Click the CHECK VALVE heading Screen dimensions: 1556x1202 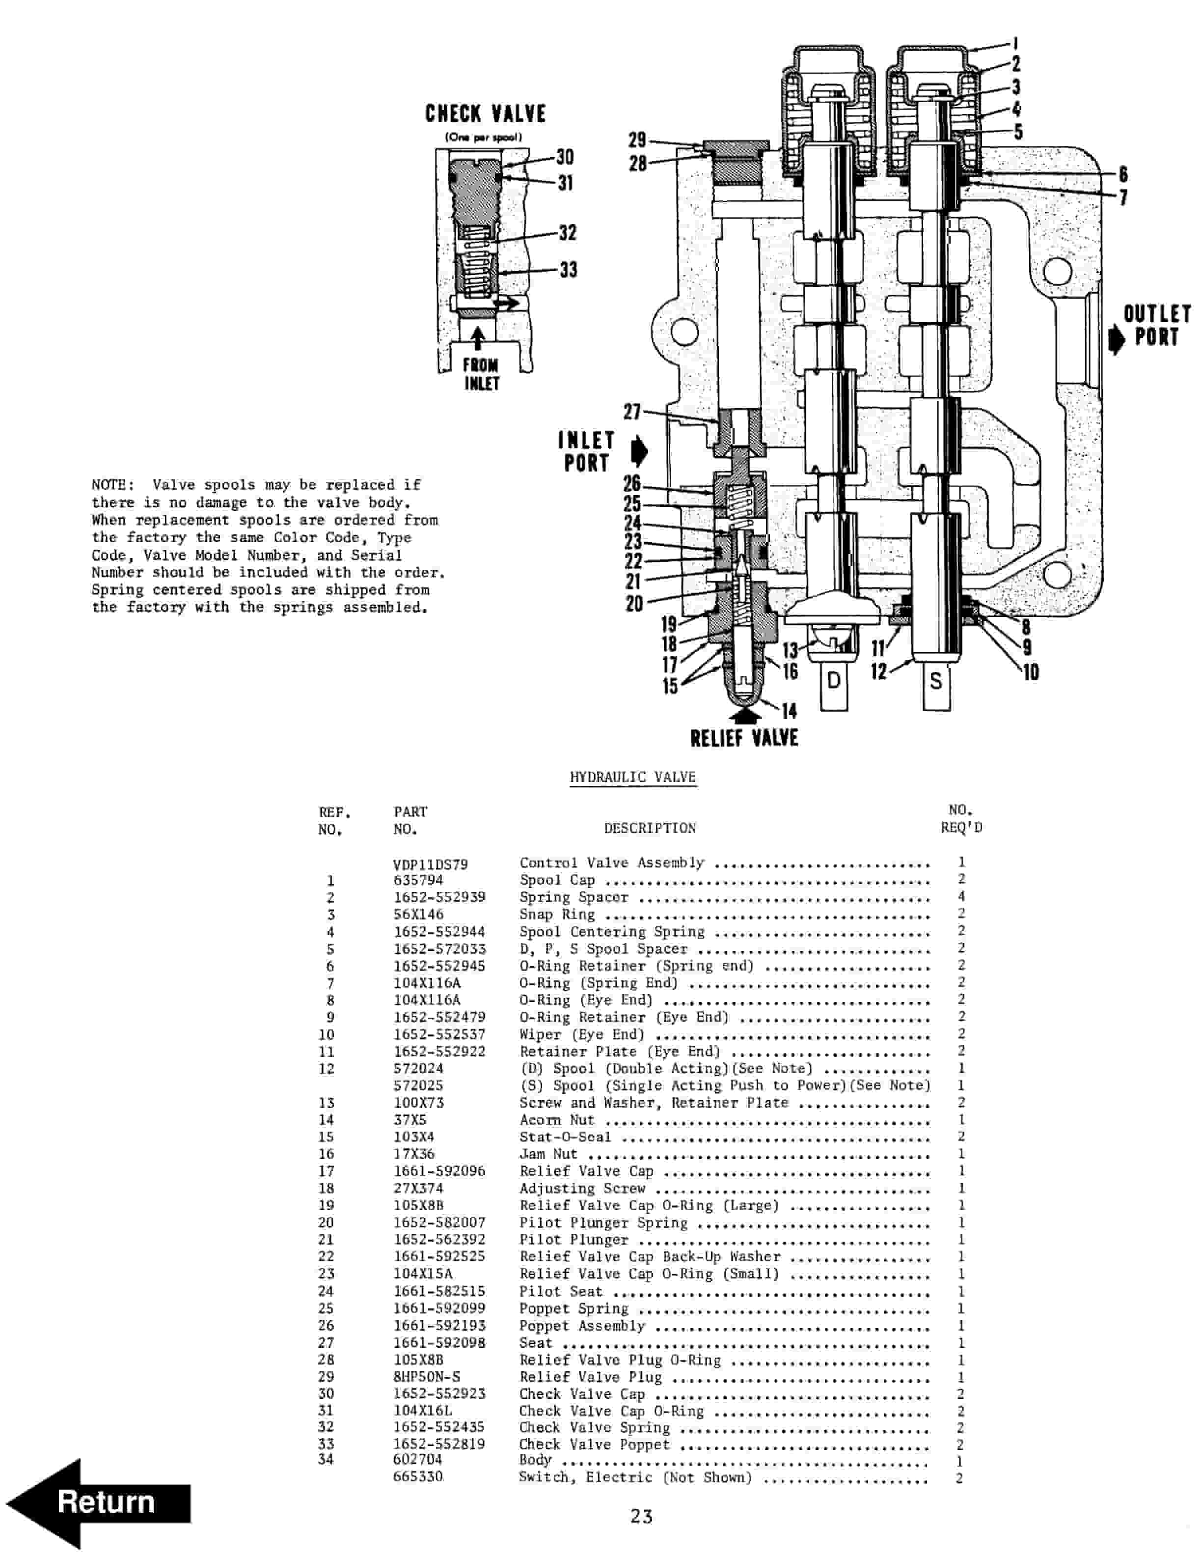[x=485, y=114]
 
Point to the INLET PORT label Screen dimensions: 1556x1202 [x=586, y=452]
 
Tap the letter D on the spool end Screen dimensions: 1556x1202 [x=833, y=680]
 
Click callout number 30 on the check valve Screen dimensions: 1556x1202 [x=565, y=157]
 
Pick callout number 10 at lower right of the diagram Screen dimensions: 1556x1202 [x=1030, y=671]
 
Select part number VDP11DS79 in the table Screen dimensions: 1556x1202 [x=430, y=864]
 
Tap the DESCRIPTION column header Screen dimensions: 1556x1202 [x=650, y=828]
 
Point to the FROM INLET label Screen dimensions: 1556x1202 [x=481, y=374]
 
